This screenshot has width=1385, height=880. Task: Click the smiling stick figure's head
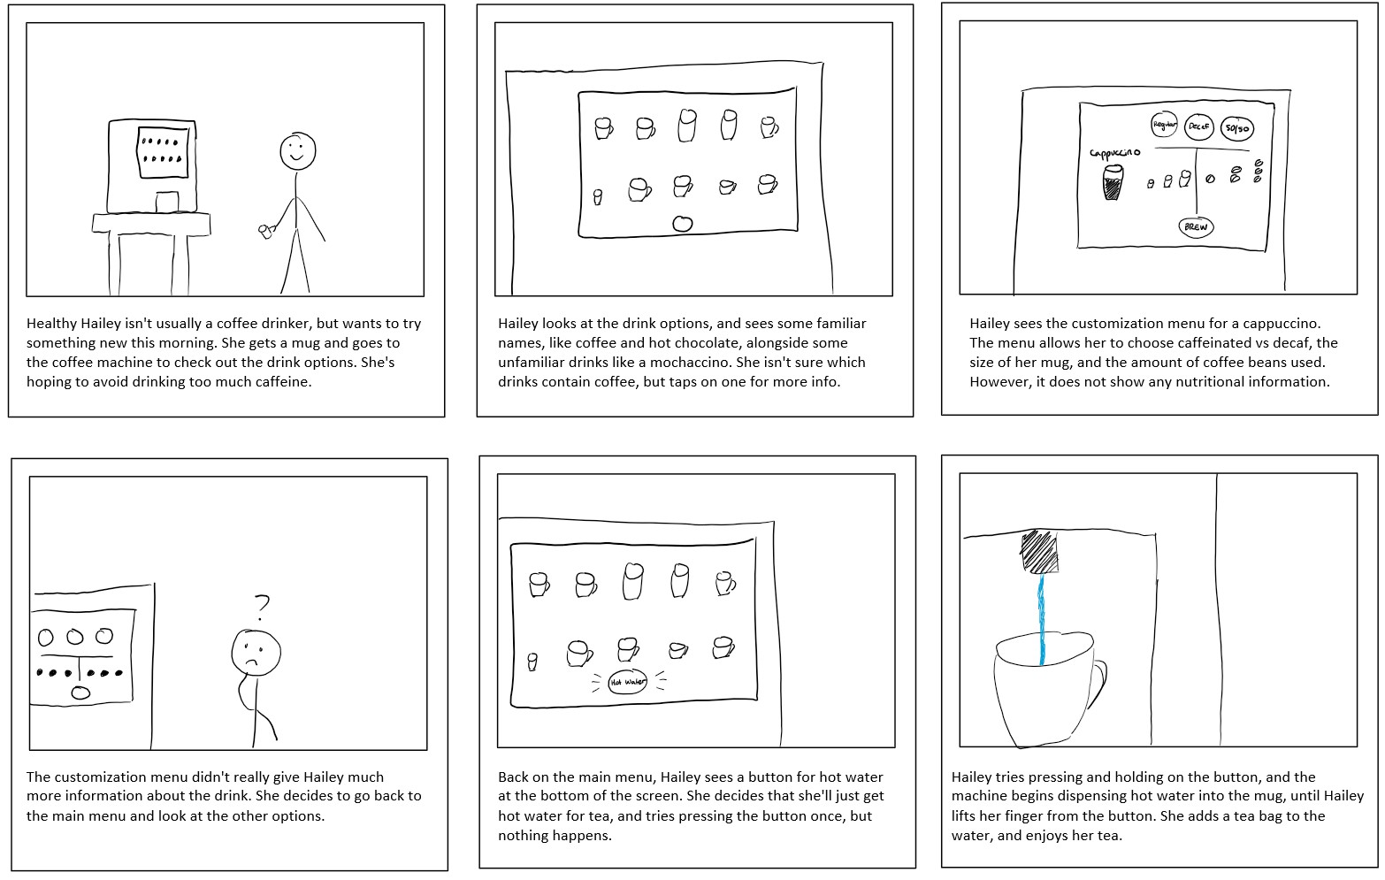[297, 151]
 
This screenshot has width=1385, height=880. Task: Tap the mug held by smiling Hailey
[264, 232]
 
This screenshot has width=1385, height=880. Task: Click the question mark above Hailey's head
[261, 607]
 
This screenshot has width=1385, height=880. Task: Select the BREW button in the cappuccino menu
[1195, 226]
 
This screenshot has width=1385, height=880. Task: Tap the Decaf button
[1198, 126]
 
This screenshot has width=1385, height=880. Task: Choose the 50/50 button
[1236, 129]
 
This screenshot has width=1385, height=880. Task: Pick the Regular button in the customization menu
[1164, 125]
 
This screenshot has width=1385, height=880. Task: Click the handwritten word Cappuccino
[1114, 152]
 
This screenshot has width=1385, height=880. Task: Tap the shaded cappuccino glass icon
[1113, 184]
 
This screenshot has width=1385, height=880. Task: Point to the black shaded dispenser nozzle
[1039, 552]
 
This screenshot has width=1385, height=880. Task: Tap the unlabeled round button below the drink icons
[682, 224]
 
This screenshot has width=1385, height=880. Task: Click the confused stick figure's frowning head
[256, 653]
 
